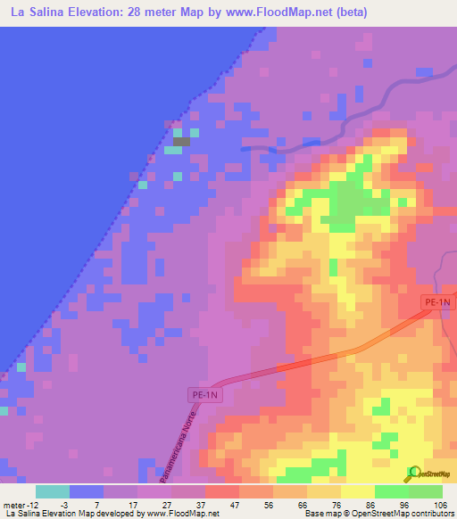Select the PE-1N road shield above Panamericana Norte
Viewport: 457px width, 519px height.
coord(204,393)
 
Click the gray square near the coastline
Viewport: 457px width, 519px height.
coord(181,141)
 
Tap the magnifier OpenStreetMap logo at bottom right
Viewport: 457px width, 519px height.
coord(414,473)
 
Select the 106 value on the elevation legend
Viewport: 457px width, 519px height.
coord(441,504)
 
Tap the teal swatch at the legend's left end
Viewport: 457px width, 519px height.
coord(53,491)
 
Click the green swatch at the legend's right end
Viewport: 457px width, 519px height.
coord(425,491)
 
